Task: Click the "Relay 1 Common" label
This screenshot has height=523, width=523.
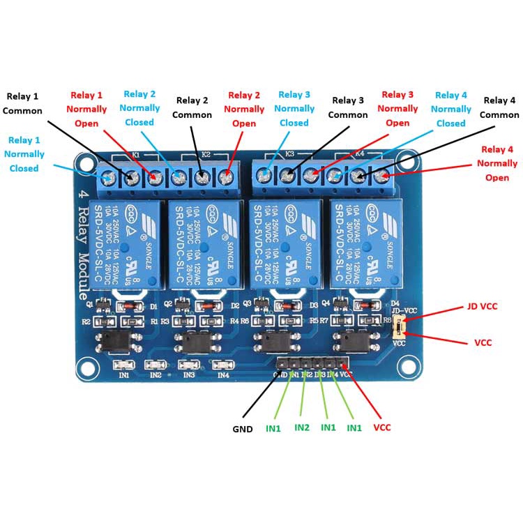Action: [22, 103]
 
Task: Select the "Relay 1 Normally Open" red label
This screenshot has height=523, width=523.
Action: [86, 109]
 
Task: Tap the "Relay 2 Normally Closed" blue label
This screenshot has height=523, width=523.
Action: [139, 108]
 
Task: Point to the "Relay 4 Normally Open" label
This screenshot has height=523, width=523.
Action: [497, 163]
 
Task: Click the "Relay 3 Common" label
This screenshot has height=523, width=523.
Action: [348, 107]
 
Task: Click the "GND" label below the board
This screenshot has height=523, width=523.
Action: [243, 429]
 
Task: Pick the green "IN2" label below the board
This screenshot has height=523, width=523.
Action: [302, 427]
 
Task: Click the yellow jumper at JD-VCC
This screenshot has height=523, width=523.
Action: [400, 325]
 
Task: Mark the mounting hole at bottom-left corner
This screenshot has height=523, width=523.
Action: [87, 366]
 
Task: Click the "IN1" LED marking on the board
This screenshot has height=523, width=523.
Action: [124, 375]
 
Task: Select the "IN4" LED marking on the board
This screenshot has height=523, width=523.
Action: [223, 375]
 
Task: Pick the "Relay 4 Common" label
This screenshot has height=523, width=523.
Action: [499, 107]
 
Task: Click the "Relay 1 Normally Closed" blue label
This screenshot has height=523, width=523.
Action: [24, 153]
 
